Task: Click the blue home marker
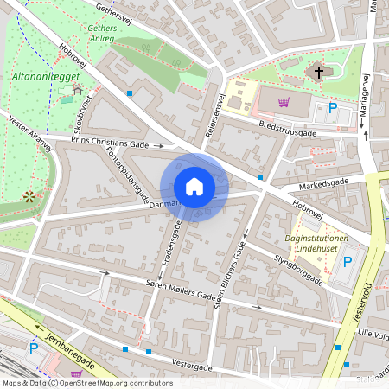194,187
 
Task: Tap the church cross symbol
318,73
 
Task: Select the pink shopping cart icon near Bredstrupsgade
283,102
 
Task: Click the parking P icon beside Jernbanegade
34,348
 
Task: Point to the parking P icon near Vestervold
348,262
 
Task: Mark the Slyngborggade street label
297,267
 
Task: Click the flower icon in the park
30,196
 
